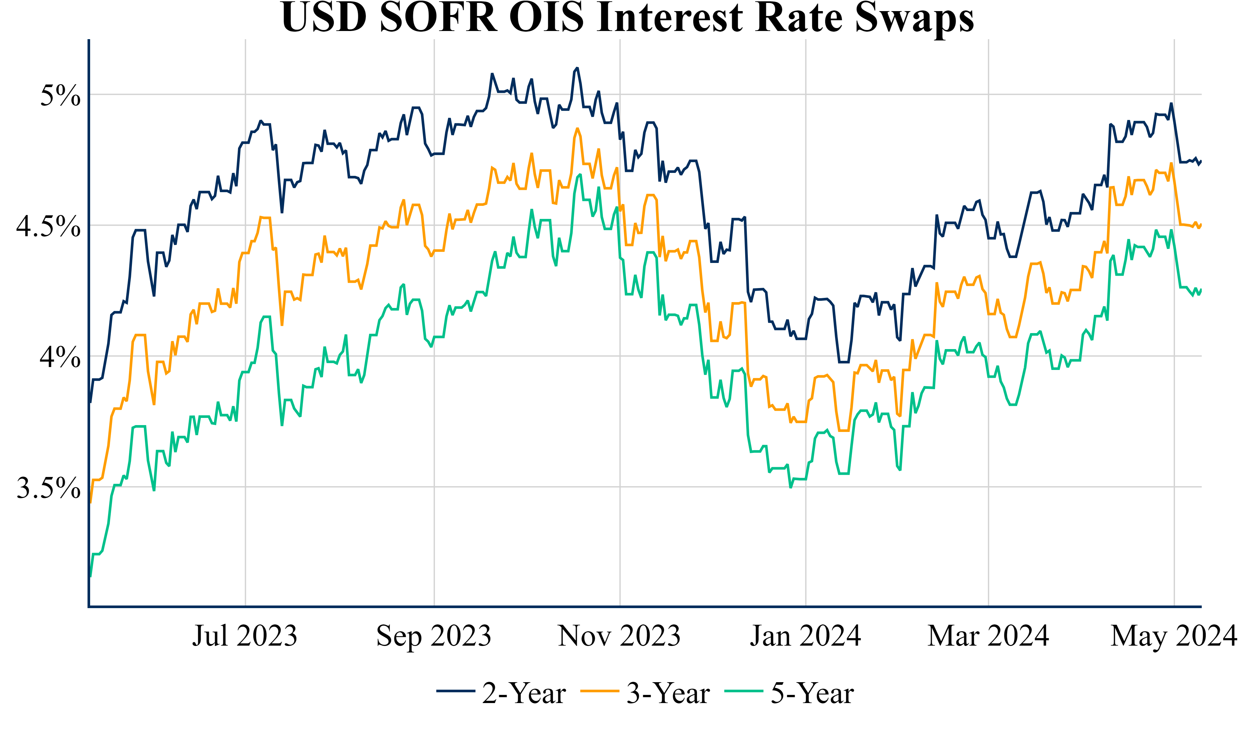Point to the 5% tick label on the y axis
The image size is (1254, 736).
[x=60, y=96]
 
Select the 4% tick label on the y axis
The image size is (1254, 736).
[x=60, y=357]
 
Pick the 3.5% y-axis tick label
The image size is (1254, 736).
[x=48, y=488]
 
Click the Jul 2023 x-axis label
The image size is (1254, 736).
[x=245, y=636]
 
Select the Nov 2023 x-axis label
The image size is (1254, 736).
[x=619, y=636]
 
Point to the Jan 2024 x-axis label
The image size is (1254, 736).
[x=806, y=636]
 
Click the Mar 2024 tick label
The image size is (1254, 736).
[x=988, y=636]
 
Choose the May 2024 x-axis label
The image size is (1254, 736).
[x=1173, y=636]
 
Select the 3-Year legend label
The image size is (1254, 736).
[x=668, y=694]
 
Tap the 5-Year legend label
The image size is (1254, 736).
[x=812, y=694]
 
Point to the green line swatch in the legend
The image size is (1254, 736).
[x=744, y=691]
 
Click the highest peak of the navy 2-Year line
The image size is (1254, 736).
[x=577, y=68]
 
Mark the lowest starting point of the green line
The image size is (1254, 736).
[x=90, y=577]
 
